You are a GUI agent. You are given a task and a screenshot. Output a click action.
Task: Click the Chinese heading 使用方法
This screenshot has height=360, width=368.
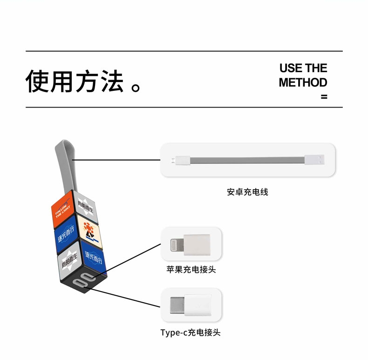point(75,81)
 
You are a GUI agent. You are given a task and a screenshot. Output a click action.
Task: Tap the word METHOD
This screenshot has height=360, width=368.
point(303,82)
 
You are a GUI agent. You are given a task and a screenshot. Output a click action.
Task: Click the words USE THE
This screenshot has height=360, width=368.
point(303,68)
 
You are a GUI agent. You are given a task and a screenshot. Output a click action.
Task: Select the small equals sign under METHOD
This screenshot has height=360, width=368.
point(324,97)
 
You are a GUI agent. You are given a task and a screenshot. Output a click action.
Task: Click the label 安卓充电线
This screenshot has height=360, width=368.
point(248,192)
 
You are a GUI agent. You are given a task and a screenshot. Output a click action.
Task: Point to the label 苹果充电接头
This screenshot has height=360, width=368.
point(191,269)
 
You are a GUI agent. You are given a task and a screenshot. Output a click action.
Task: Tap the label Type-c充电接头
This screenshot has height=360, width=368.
point(191,333)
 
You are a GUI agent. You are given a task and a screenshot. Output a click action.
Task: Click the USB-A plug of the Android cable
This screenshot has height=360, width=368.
point(315,160)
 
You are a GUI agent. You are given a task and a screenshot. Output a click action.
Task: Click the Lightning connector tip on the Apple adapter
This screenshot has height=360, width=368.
point(177,245)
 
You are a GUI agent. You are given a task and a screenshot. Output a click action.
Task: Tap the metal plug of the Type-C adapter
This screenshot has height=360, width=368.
point(177,305)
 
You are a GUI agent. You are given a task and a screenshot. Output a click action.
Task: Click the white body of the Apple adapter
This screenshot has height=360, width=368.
point(197,245)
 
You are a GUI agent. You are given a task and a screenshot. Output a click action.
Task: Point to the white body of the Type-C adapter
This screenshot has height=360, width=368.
point(198,305)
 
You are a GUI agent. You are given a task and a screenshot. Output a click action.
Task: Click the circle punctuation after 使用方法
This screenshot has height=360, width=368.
point(136,87)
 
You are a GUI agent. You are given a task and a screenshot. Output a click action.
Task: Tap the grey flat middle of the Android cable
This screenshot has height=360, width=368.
point(247,160)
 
